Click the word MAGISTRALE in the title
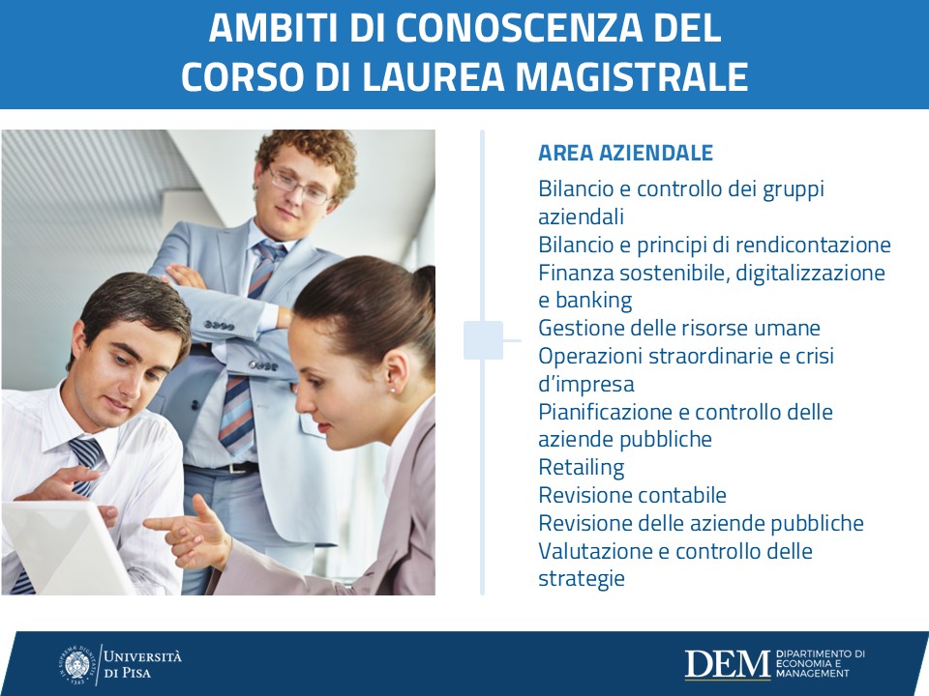pos(632,77)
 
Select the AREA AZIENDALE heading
pos(625,153)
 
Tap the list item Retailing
pos(582,468)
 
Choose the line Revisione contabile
pos(632,495)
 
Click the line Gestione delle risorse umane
pos(679,328)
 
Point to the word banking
pos(593,301)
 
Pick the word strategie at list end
pos(582,578)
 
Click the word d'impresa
pos(586,384)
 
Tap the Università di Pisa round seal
pos(77,665)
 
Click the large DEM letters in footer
pos(728,664)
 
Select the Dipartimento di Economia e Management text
pos(820,663)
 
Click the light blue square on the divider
pos(483,340)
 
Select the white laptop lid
pos(65,547)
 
